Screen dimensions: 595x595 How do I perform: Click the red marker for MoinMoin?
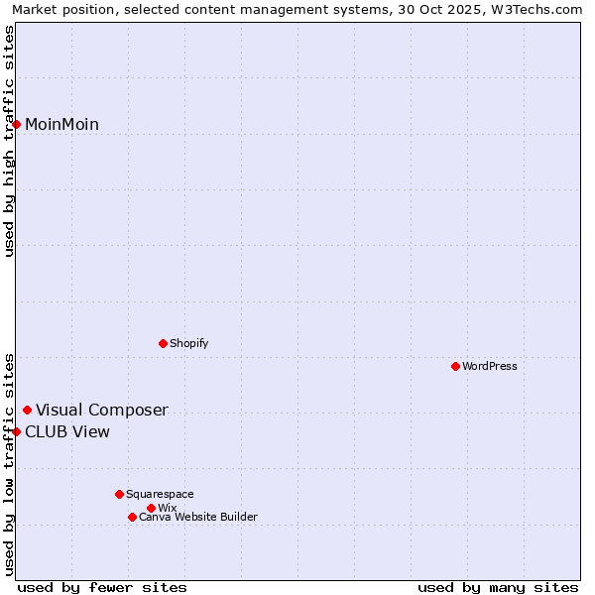point(17,124)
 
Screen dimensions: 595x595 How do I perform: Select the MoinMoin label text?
point(61,124)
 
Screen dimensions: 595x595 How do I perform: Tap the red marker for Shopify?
point(163,343)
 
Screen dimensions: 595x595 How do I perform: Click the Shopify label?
point(188,343)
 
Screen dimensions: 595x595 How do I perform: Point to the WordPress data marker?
point(455,366)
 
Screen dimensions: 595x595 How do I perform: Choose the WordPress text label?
point(489,366)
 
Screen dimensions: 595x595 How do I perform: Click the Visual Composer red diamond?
point(27,410)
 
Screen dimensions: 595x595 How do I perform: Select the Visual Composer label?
point(101,410)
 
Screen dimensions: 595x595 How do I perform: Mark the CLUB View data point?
point(17,431)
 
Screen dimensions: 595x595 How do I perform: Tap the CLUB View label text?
point(67,431)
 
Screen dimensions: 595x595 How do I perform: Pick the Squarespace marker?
point(119,494)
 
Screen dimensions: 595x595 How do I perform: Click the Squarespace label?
point(160,494)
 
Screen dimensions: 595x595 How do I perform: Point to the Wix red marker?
point(151,508)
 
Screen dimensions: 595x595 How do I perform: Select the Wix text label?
point(167,508)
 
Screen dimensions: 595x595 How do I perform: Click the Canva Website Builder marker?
point(132,517)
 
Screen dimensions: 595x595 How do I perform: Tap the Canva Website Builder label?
point(197,517)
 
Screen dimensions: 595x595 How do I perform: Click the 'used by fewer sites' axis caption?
point(102,587)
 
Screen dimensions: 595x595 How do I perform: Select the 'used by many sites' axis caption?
point(498,587)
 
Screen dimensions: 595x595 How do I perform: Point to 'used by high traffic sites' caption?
point(9,141)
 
